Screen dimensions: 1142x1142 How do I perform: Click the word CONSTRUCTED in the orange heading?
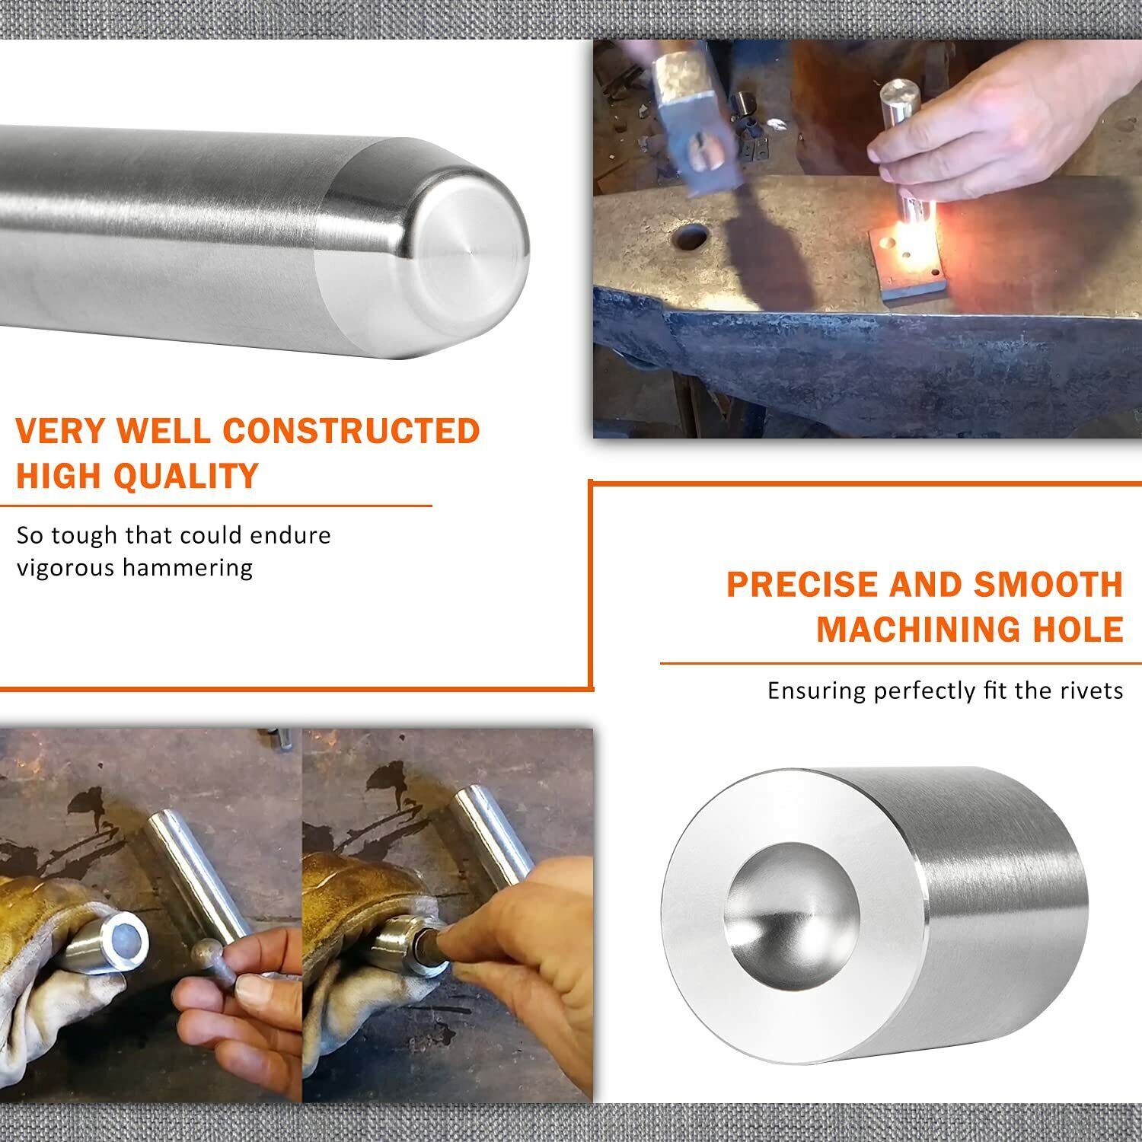click(351, 431)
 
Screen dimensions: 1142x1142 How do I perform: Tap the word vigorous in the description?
click(63, 568)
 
